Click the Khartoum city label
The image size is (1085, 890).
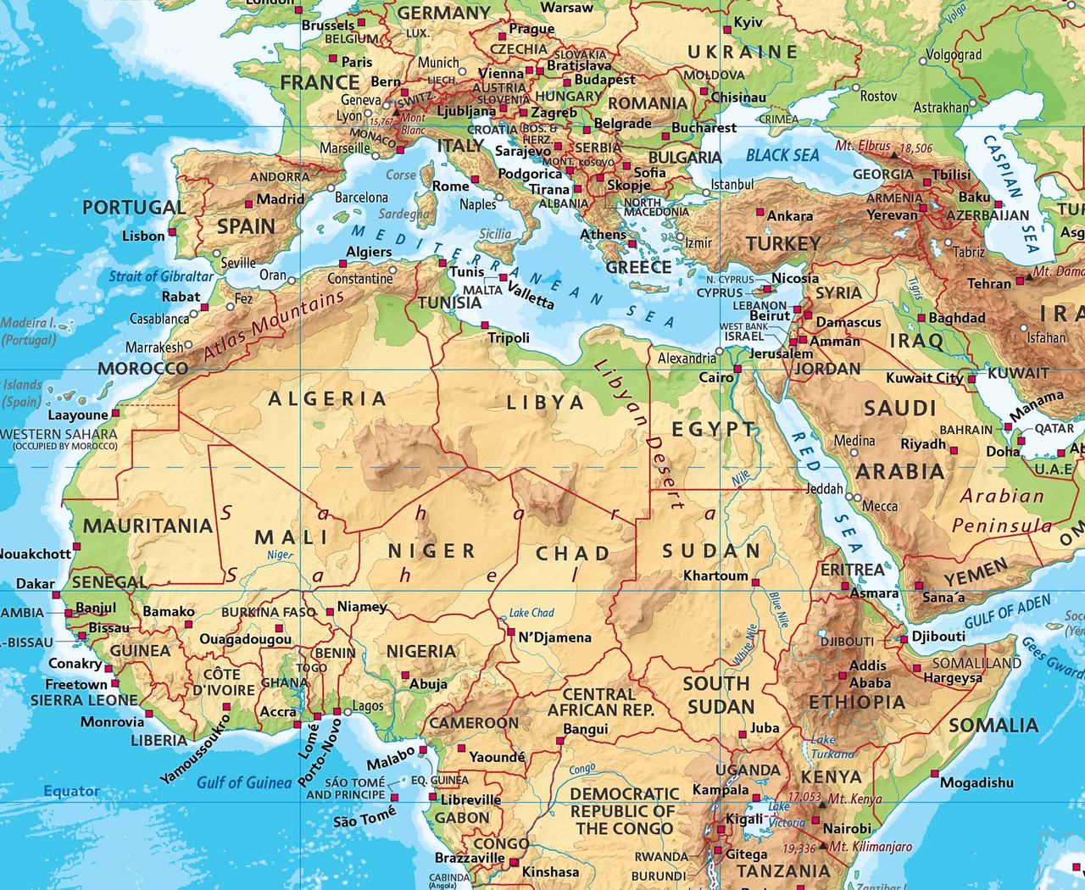(715, 576)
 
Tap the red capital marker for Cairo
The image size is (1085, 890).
(737, 370)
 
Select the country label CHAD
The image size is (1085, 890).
(573, 553)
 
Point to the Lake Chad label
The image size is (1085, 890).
(531, 613)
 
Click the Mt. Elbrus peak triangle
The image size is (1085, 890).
(893, 155)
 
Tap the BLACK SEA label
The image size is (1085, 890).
(782, 155)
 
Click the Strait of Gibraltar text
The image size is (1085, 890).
(161, 276)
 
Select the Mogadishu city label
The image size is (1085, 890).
(976, 782)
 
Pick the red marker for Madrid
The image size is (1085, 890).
(249, 204)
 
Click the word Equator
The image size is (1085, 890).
(71, 791)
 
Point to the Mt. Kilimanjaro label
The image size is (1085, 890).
(871, 847)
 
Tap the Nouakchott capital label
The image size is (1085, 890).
(34, 554)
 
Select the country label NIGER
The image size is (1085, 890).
(431, 551)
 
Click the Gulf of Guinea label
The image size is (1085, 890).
(244, 782)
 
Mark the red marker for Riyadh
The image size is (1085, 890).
(954, 451)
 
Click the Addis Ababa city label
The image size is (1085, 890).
(870, 674)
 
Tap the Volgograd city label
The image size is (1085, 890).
(954, 55)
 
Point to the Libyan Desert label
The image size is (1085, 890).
(640, 432)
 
